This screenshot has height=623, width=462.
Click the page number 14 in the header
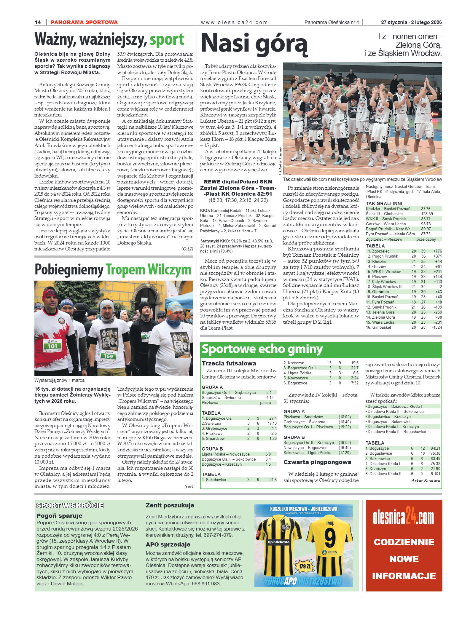click(38, 22)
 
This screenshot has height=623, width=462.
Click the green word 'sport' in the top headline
click(167, 40)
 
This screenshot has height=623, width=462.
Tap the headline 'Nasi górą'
click(254, 44)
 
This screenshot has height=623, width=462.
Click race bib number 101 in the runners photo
click(52, 346)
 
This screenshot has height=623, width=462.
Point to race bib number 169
click(108, 356)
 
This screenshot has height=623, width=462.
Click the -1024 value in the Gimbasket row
click(437, 327)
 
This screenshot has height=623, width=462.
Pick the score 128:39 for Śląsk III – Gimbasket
click(427, 214)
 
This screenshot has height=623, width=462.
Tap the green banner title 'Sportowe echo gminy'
click(262, 349)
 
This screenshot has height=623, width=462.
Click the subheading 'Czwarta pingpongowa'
click(317, 462)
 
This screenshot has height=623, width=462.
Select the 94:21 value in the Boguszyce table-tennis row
click(435, 448)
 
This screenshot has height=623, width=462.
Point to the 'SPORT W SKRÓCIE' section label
click(70, 505)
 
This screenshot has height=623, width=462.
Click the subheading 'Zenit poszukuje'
click(170, 505)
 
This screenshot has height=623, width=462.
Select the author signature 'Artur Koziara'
click(426, 480)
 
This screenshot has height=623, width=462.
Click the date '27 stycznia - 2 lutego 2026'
click(411, 22)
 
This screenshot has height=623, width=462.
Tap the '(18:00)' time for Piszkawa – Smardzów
click(345, 417)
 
